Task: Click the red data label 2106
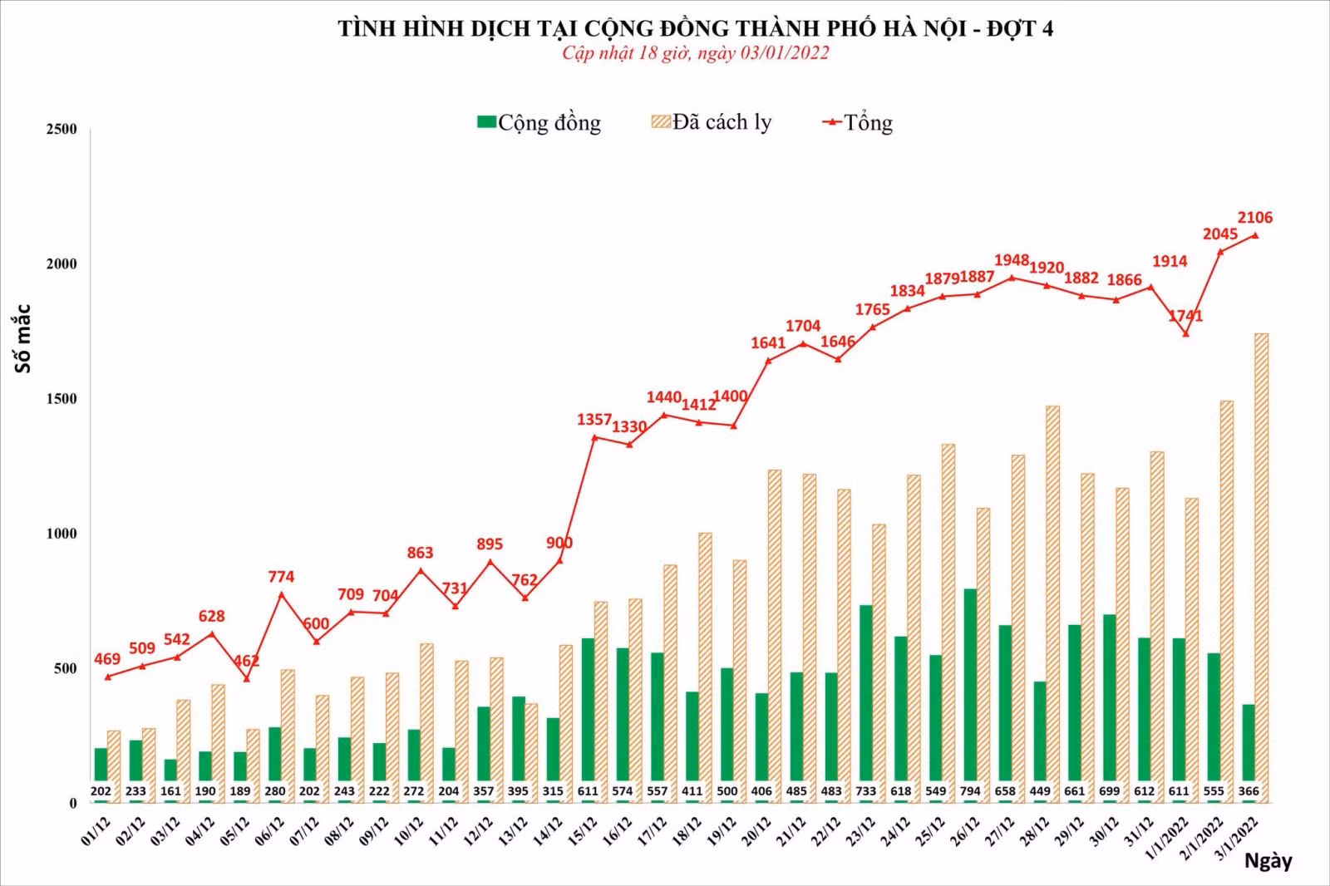pos(1254,218)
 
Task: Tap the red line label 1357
pos(594,420)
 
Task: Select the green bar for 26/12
pos(970,696)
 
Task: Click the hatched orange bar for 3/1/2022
pos(1261,569)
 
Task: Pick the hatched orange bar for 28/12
pos(1052,604)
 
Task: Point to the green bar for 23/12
pos(865,704)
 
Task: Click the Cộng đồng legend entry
pos(539,122)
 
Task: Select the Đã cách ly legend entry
pos(712,121)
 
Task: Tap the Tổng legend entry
pos(857,122)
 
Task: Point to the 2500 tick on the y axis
pos(62,129)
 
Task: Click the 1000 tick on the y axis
pos(62,534)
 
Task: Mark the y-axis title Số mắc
pos(22,338)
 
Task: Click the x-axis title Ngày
pos(1268,861)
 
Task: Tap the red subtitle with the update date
pos(695,53)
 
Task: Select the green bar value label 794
pos(970,791)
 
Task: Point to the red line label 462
pos(246,660)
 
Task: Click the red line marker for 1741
pos(1185,334)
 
